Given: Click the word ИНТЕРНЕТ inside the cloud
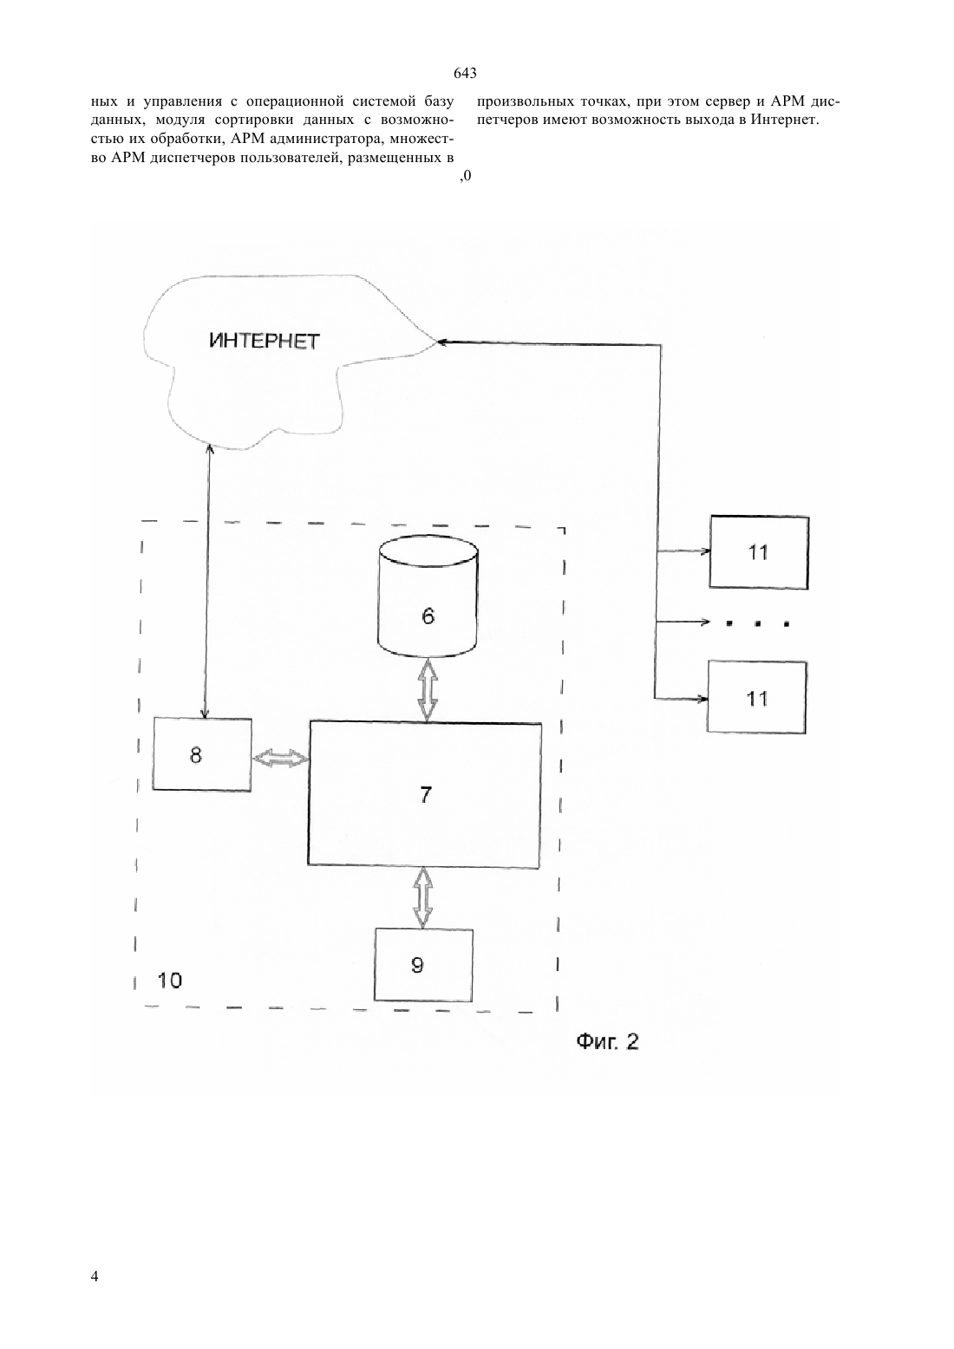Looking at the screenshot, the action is (265, 342).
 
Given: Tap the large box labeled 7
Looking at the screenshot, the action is (425, 794).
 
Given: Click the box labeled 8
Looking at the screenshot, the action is (202, 754).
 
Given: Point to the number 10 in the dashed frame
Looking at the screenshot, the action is (169, 981).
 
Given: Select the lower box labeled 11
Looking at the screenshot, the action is (757, 697).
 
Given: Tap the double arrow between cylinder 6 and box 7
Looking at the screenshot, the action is (428, 689).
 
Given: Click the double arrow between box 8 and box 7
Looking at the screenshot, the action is (281, 759).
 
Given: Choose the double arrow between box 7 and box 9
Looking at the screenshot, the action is (424, 898).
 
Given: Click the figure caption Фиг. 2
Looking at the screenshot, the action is (608, 1041).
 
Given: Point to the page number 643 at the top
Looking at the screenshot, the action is (465, 73).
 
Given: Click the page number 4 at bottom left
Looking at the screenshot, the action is (95, 1275).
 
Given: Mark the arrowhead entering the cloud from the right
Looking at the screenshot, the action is (441, 342).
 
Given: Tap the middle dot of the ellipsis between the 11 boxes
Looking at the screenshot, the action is (758, 624).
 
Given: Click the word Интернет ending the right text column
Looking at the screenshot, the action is (785, 120).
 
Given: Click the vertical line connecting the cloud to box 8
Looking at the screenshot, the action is (207, 581).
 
